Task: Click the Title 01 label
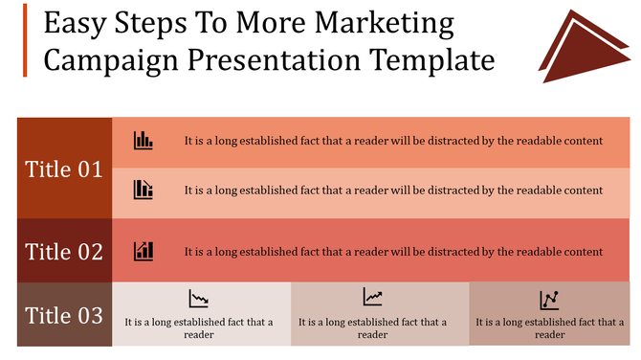[x=64, y=169]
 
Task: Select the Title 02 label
[x=64, y=252]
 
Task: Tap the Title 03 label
[x=64, y=314]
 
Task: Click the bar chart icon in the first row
[x=144, y=140]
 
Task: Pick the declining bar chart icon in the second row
[x=144, y=189]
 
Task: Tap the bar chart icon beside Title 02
[x=144, y=251]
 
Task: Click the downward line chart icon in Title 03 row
[x=199, y=299]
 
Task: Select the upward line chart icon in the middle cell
[x=372, y=298]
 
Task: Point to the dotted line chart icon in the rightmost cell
[x=549, y=300]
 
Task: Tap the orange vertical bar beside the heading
[x=26, y=39]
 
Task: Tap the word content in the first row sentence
[x=582, y=140]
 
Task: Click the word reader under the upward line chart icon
[x=372, y=334]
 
